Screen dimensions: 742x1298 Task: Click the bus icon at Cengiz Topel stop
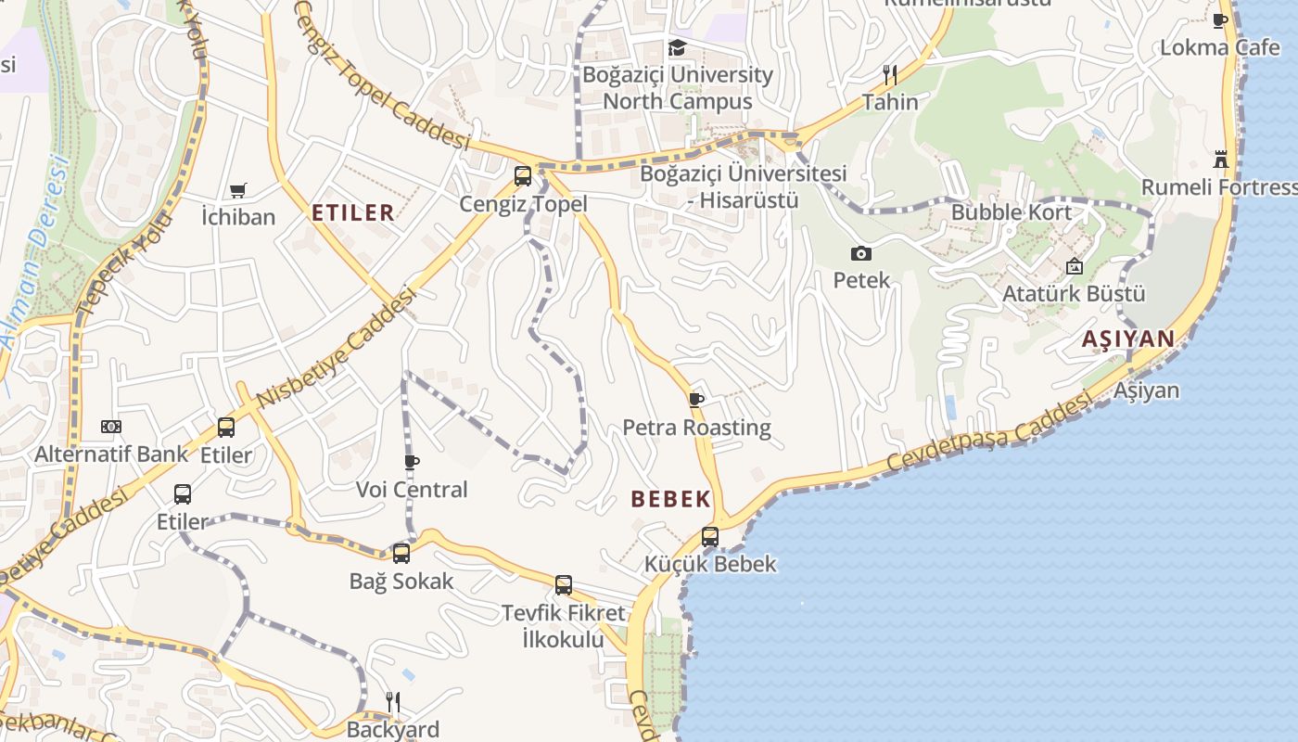coord(523,175)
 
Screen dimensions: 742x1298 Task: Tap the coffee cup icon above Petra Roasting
coord(696,400)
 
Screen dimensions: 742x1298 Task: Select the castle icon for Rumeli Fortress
coord(1221,159)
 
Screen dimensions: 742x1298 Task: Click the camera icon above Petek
coord(860,253)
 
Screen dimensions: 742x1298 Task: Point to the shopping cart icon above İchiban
coord(238,190)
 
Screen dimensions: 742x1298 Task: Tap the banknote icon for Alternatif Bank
coord(111,427)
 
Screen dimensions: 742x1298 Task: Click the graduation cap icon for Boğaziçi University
coord(678,47)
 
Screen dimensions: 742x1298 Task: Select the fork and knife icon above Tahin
coord(890,74)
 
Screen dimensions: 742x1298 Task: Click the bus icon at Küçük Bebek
coord(710,536)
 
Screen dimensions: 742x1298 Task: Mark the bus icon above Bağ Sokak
coord(401,554)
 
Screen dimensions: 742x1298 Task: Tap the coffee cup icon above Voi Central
coord(412,462)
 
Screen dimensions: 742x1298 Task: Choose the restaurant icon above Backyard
coord(393,702)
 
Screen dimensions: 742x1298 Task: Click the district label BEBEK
coord(670,499)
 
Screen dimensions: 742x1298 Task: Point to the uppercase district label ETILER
coord(353,212)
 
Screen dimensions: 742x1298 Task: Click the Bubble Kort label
coord(1011,212)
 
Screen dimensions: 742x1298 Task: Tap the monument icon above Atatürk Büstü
coord(1074,267)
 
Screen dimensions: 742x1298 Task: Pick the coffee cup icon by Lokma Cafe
coord(1221,20)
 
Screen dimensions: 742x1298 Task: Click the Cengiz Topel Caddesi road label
coord(382,74)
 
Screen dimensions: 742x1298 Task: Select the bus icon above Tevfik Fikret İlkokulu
coord(564,585)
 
